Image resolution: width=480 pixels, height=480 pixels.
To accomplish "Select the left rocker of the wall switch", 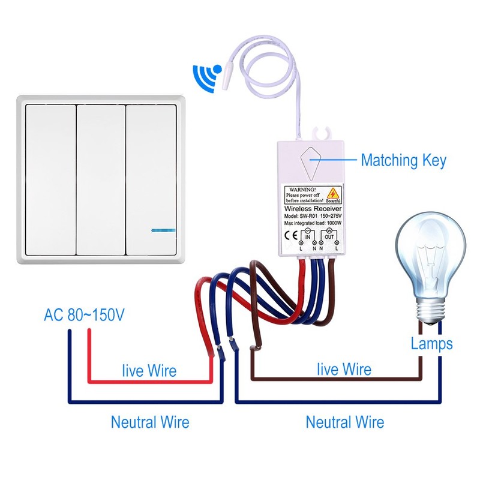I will pyautogui.click(x=51, y=180).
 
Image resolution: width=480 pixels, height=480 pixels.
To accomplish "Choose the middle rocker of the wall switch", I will pyautogui.click(x=101, y=180).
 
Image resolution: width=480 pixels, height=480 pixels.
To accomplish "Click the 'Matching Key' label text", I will pyautogui.click(x=403, y=160).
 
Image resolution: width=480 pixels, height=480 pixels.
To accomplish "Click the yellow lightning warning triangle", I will pyautogui.click(x=333, y=193).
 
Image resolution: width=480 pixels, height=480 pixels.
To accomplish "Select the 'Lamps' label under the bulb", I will pyautogui.click(x=431, y=344).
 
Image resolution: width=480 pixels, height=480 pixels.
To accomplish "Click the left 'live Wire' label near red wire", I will pyautogui.click(x=149, y=370).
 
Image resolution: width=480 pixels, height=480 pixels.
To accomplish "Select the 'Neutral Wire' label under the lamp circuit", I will pyautogui.click(x=344, y=422).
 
